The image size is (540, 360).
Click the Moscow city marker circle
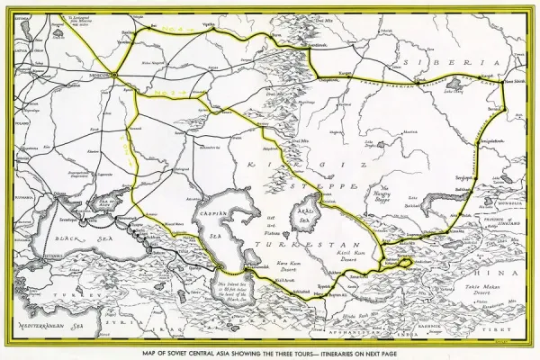click(x=117, y=74)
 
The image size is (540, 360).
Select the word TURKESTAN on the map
click(x=288, y=243)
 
